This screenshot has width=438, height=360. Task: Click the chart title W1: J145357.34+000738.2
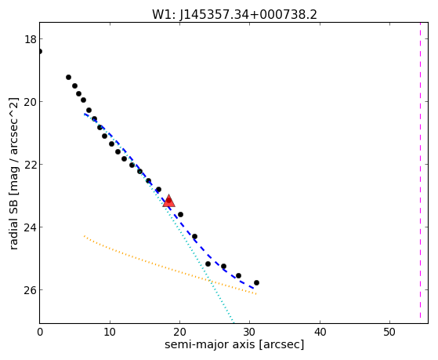click(x=234, y=14)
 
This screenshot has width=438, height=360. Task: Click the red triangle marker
click(x=168, y=201)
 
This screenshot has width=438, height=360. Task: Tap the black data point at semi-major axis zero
click(x=40, y=51)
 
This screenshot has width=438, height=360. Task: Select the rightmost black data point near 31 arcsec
click(x=256, y=283)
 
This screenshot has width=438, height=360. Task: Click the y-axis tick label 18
click(x=31, y=39)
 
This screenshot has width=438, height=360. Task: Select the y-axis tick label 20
click(x=31, y=102)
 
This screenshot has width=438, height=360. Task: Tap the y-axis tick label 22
click(x=31, y=165)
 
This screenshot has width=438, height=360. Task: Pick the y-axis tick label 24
click(x=31, y=227)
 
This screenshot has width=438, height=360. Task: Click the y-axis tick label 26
click(x=31, y=289)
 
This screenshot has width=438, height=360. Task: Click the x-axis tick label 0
click(x=40, y=332)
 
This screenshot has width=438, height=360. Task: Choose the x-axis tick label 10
click(x=110, y=332)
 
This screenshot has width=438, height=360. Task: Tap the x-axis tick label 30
click(x=250, y=332)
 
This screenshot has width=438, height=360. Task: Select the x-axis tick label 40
click(x=320, y=332)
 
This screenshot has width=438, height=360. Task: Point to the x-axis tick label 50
click(x=389, y=332)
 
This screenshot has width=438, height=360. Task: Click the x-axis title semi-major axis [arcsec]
click(x=234, y=344)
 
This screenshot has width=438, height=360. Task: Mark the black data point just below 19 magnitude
click(x=68, y=77)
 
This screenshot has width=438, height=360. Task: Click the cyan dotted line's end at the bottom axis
click(x=233, y=323)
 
